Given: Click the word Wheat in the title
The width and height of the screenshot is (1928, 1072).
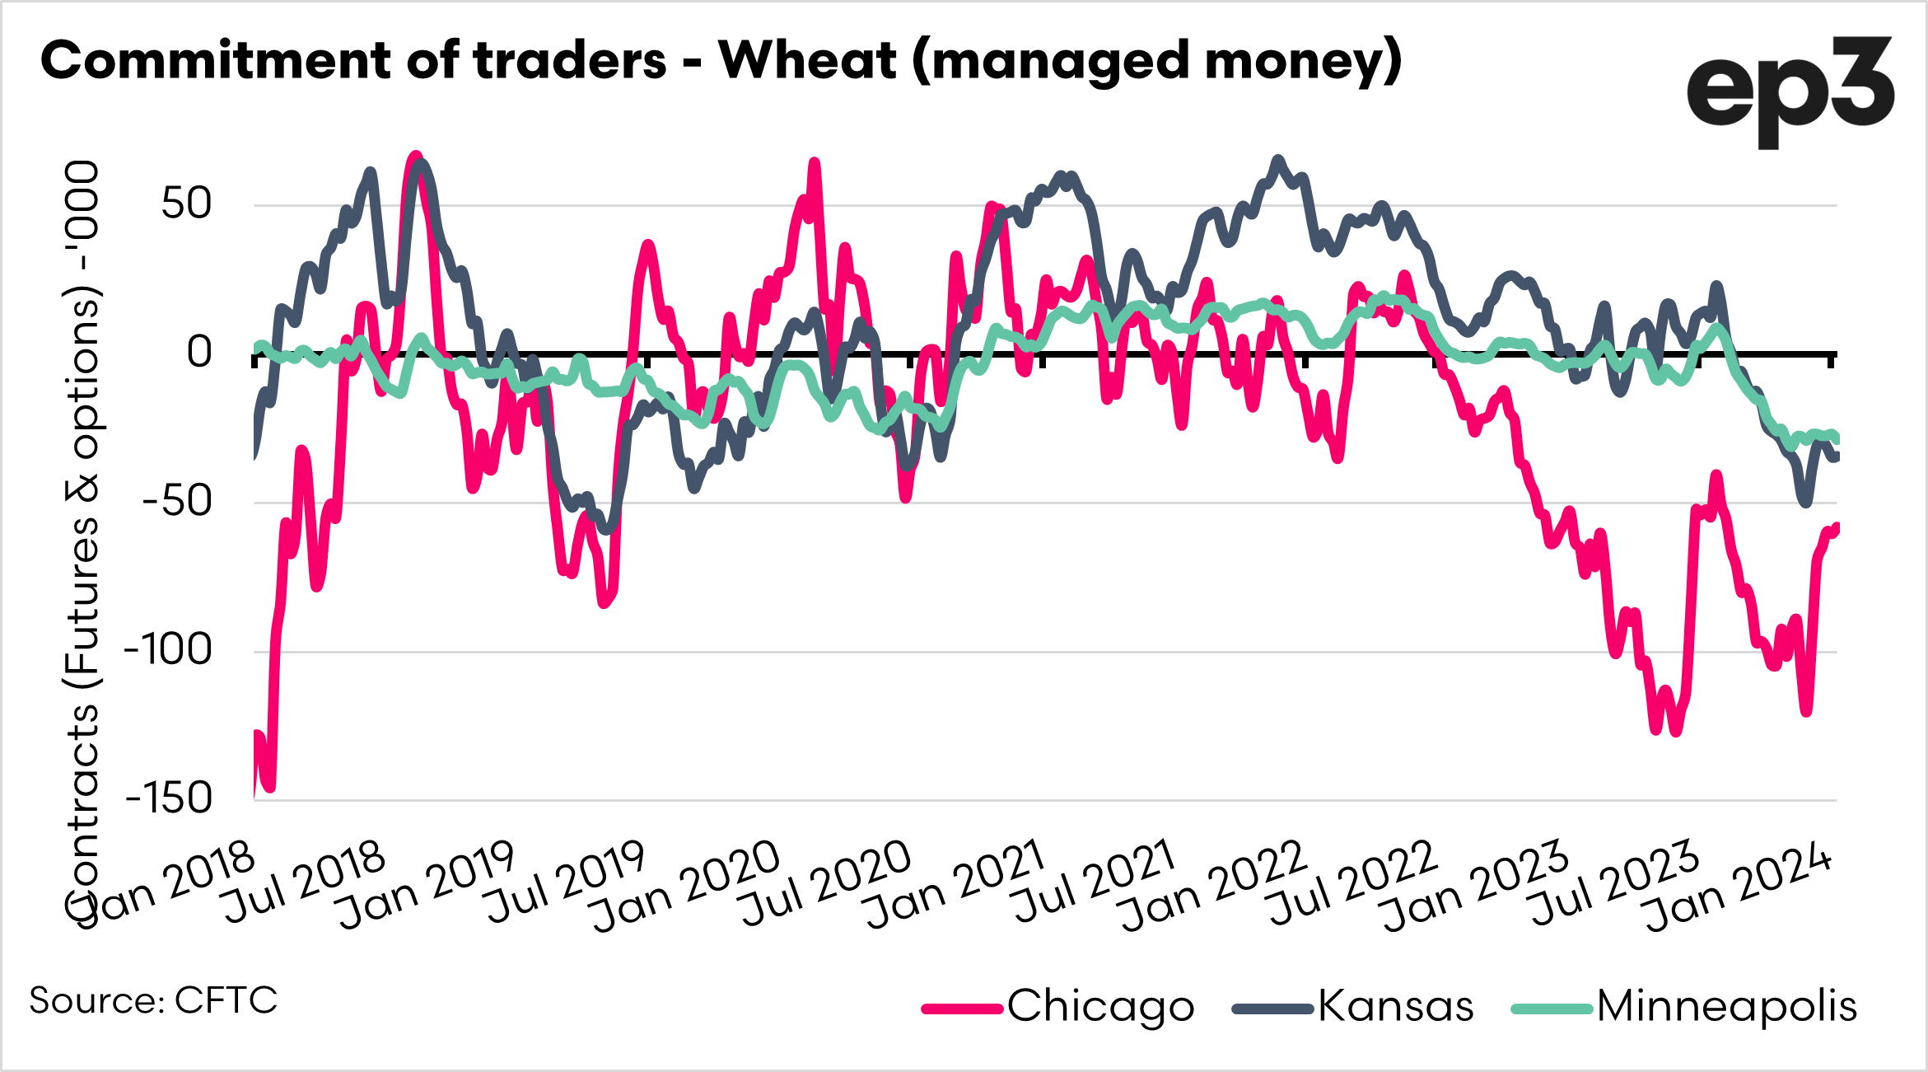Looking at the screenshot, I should point(807,61).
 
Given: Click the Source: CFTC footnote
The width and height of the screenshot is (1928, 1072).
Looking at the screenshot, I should point(153,1000).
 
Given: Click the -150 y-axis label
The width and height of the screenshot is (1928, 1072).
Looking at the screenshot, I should point(169,798).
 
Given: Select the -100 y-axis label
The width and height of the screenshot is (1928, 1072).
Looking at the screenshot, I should point(169,650).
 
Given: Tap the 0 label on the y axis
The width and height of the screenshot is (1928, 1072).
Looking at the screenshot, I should point(199,353).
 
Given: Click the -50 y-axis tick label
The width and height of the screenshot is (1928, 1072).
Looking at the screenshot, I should point(176,501).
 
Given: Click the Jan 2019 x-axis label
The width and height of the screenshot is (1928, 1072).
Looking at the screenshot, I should point(427,885).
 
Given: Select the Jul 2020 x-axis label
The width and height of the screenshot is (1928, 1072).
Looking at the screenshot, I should point(826,882).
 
